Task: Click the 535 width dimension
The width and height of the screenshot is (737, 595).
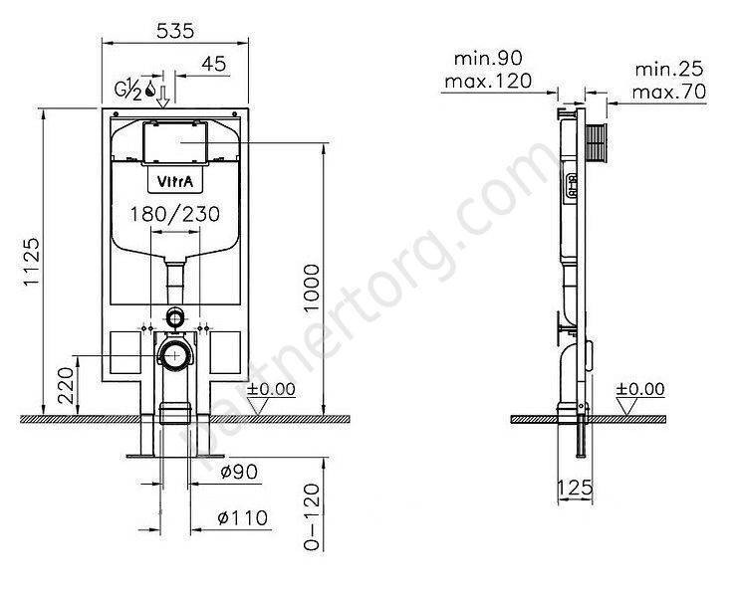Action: (x=175, y=31)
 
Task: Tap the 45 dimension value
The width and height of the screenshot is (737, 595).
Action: (x=214, y=64)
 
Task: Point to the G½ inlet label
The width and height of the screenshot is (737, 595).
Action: (x=128, y=90)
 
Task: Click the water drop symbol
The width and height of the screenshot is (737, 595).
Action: (x=150, y=89)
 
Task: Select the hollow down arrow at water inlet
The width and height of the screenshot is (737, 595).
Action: (x=163, y=97)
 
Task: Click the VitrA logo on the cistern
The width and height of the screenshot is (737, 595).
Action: (x=175, y=181)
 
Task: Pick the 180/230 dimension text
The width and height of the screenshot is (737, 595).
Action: (x=175, y=214)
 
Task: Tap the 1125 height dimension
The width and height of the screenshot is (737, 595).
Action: (x=32, y=262)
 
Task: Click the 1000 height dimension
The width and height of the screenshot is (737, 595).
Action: (x=312, y=288)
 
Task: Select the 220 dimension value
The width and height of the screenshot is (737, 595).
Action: (x=67, y=385)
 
